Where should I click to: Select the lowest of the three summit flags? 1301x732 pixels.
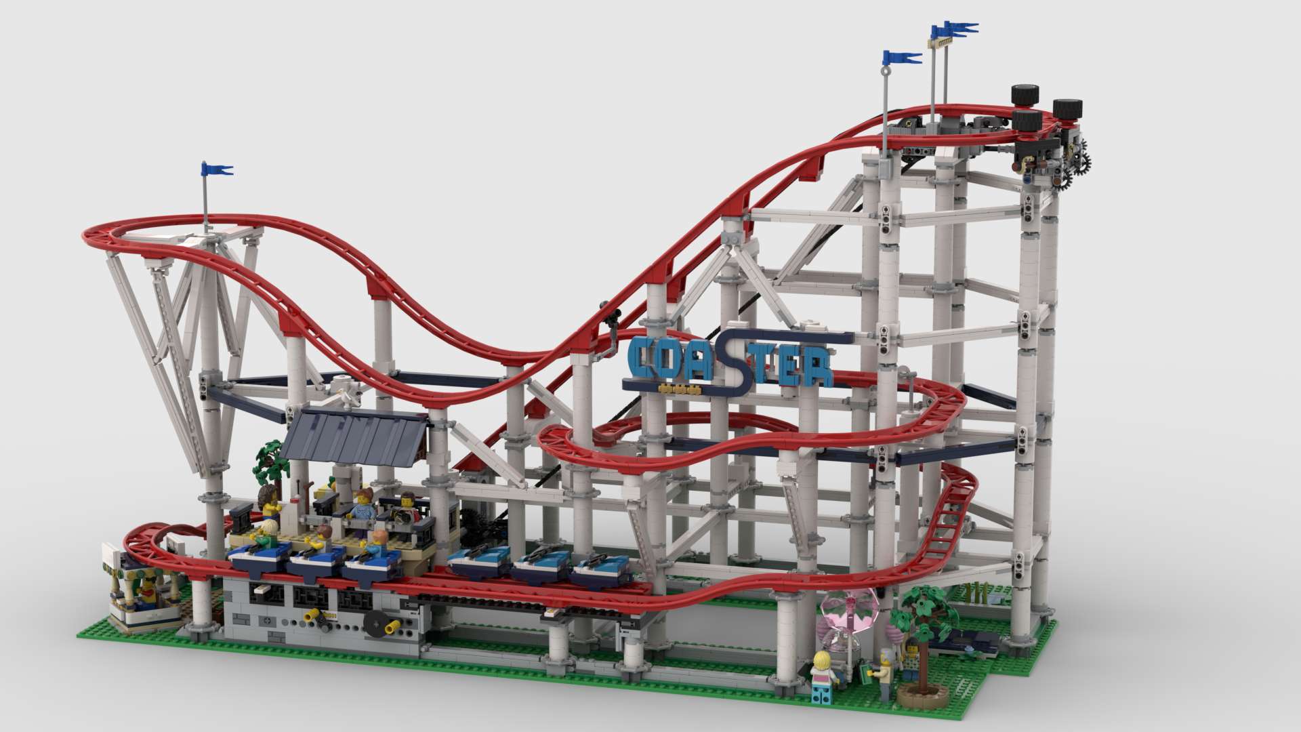pyautogui.click(x=901, y=58)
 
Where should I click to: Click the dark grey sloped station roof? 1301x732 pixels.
pyautogui.click(x=356, y=434)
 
